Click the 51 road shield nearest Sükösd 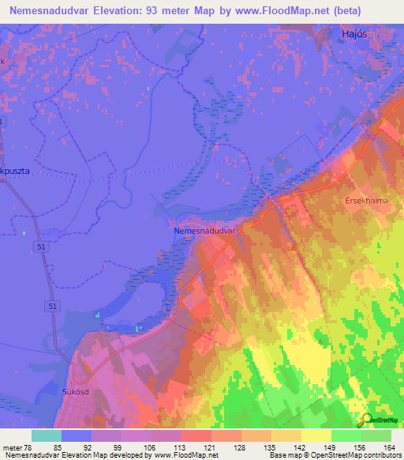pyautogui.click(x=50, y=305)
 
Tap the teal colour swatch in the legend pyautogui.click(x=47, y=435)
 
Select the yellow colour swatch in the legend pyautogui.click(x=316, y=435)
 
